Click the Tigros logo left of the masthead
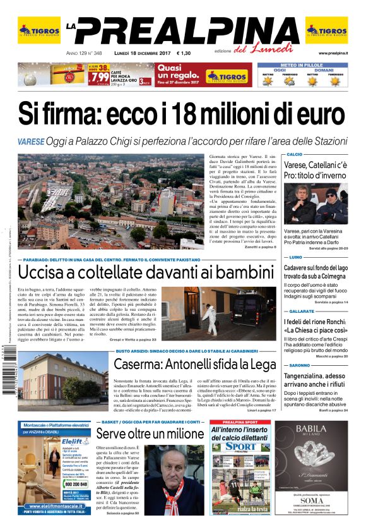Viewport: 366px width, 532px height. pos(39,30)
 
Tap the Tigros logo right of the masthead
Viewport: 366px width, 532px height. pos(326,30)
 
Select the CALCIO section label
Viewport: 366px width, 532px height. pos(294,154)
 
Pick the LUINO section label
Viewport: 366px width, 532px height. pos(293,258)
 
